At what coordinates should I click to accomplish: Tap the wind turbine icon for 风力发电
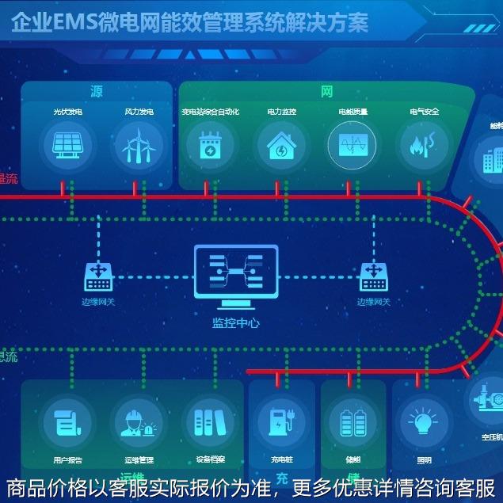tap(139, 146)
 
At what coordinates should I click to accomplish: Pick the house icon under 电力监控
tap(280, 146)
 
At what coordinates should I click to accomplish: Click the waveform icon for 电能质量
tap(352, 146)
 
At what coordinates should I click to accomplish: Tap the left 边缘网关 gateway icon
tap(98, 276)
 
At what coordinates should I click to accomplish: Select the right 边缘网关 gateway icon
tap(374, 276)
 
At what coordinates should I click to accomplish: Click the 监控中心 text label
tap(235, 322)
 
